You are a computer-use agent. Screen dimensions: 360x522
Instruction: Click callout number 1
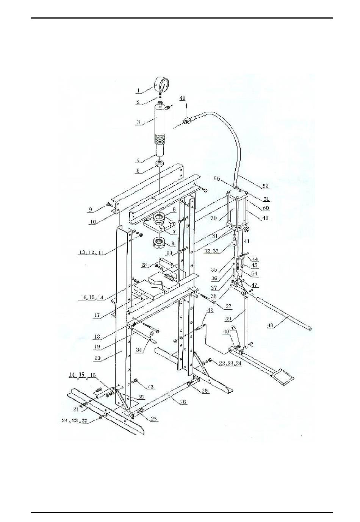click(139, 91)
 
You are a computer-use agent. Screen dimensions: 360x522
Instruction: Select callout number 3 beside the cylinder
click(139, 122)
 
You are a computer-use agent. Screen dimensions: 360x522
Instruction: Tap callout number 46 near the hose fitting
click(183, 98)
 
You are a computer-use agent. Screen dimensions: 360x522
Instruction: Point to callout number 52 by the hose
click(265, 186)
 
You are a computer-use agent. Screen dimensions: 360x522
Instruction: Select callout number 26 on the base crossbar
click(183, 402)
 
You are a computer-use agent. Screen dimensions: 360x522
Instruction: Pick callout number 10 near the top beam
click(92, 222)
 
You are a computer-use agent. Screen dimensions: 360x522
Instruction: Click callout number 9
click(90, 209)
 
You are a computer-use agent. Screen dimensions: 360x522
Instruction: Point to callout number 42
click(210, 310)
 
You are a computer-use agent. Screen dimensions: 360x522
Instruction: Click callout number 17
click(97, 315)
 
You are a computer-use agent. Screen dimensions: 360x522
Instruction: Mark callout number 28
click(144, 265)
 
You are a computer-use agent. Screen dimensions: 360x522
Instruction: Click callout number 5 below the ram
click(138, 171)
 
